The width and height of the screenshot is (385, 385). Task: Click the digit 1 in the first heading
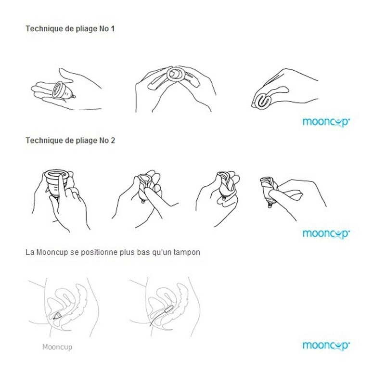click(x=113, y=28)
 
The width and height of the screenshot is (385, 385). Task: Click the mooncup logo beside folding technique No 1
click(x=326, y=122)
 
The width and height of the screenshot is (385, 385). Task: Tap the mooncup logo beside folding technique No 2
click(x=326, y=234)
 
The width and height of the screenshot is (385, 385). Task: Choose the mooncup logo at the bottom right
click(x=326, y=346)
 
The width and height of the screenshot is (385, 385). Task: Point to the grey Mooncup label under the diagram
click(x=57, y=346)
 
